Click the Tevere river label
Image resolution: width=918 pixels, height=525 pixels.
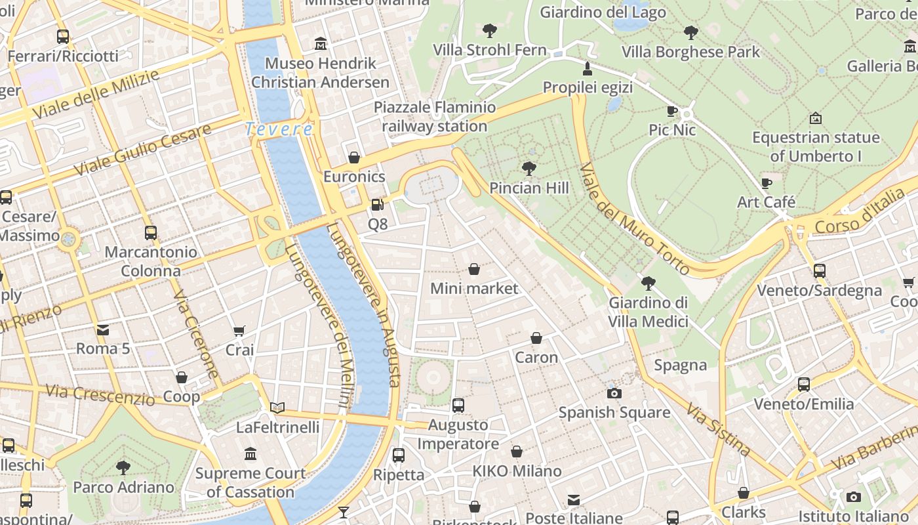(x=279, y=129)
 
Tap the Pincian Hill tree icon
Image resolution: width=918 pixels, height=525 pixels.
(x=529, y=169)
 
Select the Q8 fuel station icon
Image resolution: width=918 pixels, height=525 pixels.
(x=377, y=205)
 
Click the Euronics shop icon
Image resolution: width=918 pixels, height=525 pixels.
(x=354, y=157)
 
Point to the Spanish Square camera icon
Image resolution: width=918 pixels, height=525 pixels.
(x=614, y=393)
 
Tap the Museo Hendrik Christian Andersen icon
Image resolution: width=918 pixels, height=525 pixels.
(x=321, y=44)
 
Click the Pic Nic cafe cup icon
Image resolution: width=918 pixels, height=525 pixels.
(x=672, y=111)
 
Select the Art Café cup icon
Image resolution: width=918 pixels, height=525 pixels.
(x=766, y=183)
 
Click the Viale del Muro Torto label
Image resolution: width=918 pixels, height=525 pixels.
(x=634, y=219)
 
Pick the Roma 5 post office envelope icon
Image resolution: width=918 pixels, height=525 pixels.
(x=103, y=329)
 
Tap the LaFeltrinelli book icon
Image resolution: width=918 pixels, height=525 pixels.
(x=277, y=408)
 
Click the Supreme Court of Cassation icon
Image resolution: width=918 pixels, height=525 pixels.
(x=250, y=453)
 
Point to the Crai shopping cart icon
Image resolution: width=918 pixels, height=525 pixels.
(x=239, y=331)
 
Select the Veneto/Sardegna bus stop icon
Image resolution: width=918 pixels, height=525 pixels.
(x=819, y=270)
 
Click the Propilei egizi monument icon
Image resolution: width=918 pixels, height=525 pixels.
(x=588, y=68)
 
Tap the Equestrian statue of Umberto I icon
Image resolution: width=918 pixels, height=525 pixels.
(x=816, y=118)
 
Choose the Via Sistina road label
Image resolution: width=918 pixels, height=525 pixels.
(x=718, y=430)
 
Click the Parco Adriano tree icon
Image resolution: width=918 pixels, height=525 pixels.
(x=123, y=468)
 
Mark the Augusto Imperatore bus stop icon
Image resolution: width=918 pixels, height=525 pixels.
(x=458, y=406)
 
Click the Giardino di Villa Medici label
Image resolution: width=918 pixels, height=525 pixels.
(x=648, y=312)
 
